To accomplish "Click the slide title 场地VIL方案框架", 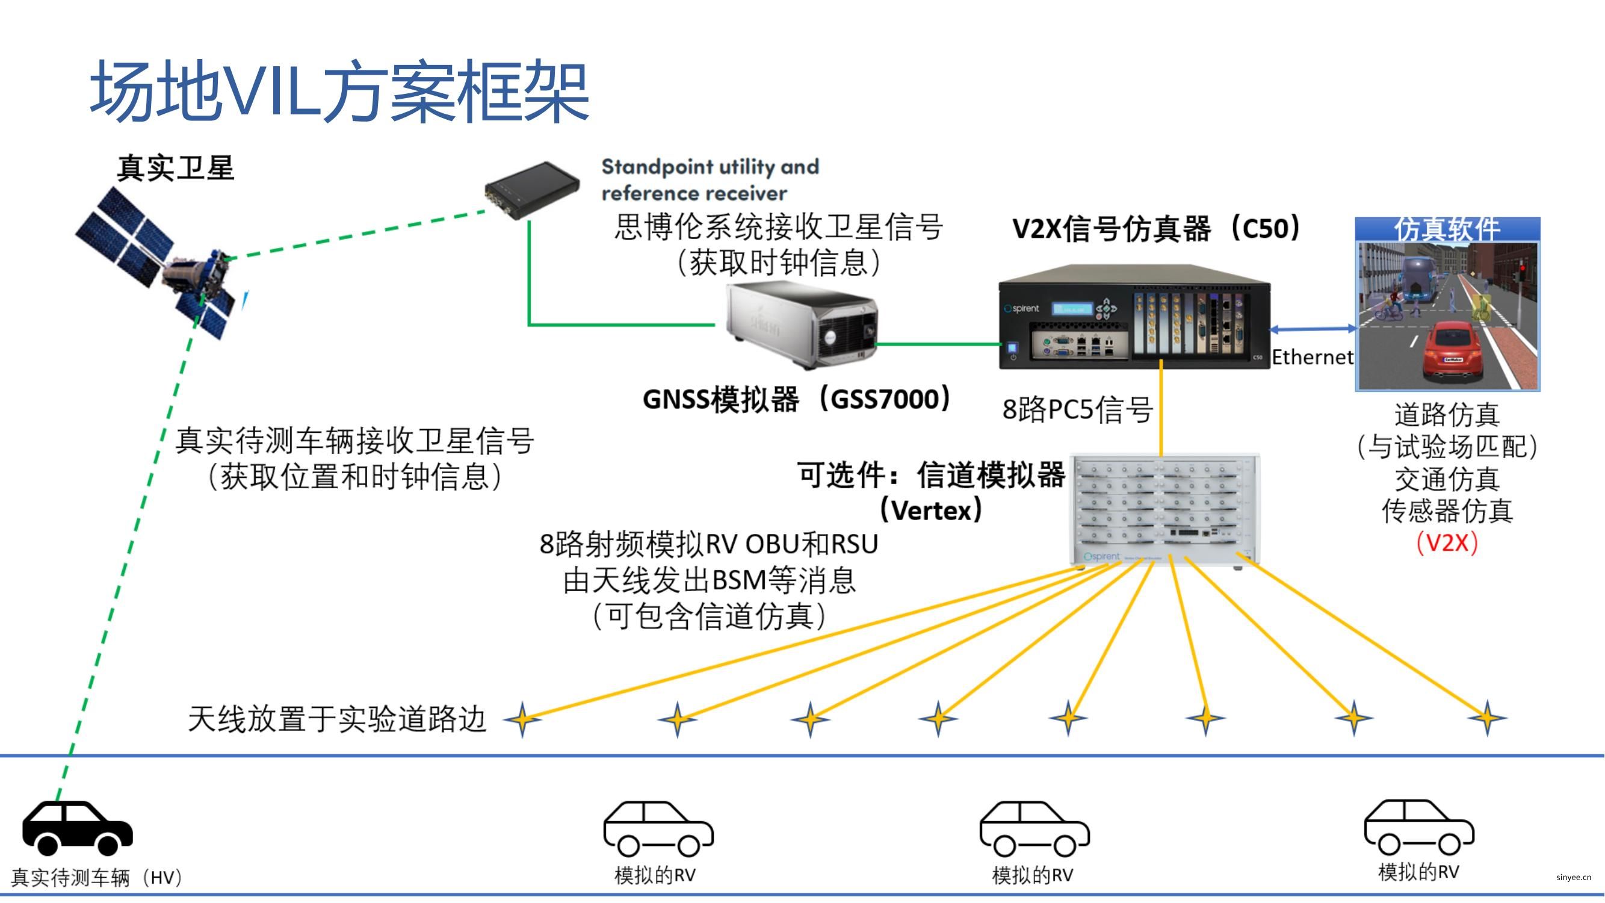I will click(339, 92).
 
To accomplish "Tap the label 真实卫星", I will click(176, 169).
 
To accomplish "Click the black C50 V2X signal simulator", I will click(1134, 318).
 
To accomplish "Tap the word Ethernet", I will click(1312, 357).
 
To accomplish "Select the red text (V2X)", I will click(1447, 543).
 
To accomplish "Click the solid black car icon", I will click(77, 828).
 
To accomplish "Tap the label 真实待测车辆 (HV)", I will click(96, 878).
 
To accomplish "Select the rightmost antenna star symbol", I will click(1487, 718).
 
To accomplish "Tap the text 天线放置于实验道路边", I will click(337, 719).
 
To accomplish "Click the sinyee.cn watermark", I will click(1573, 878).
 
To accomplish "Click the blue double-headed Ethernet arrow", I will click(1313, 329).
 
